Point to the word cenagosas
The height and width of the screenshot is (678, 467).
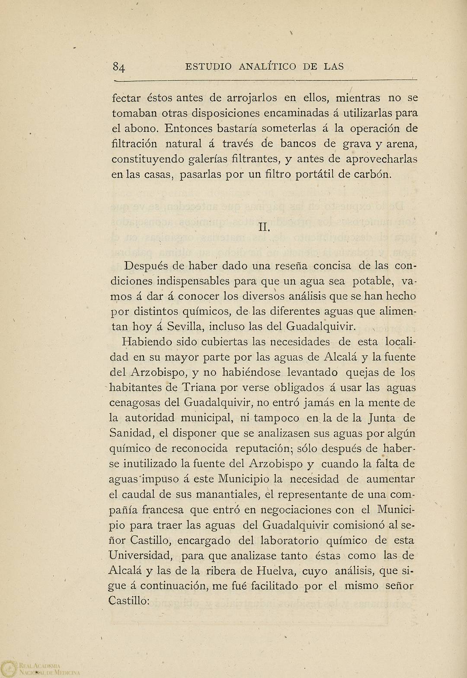(x=135, y=403)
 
